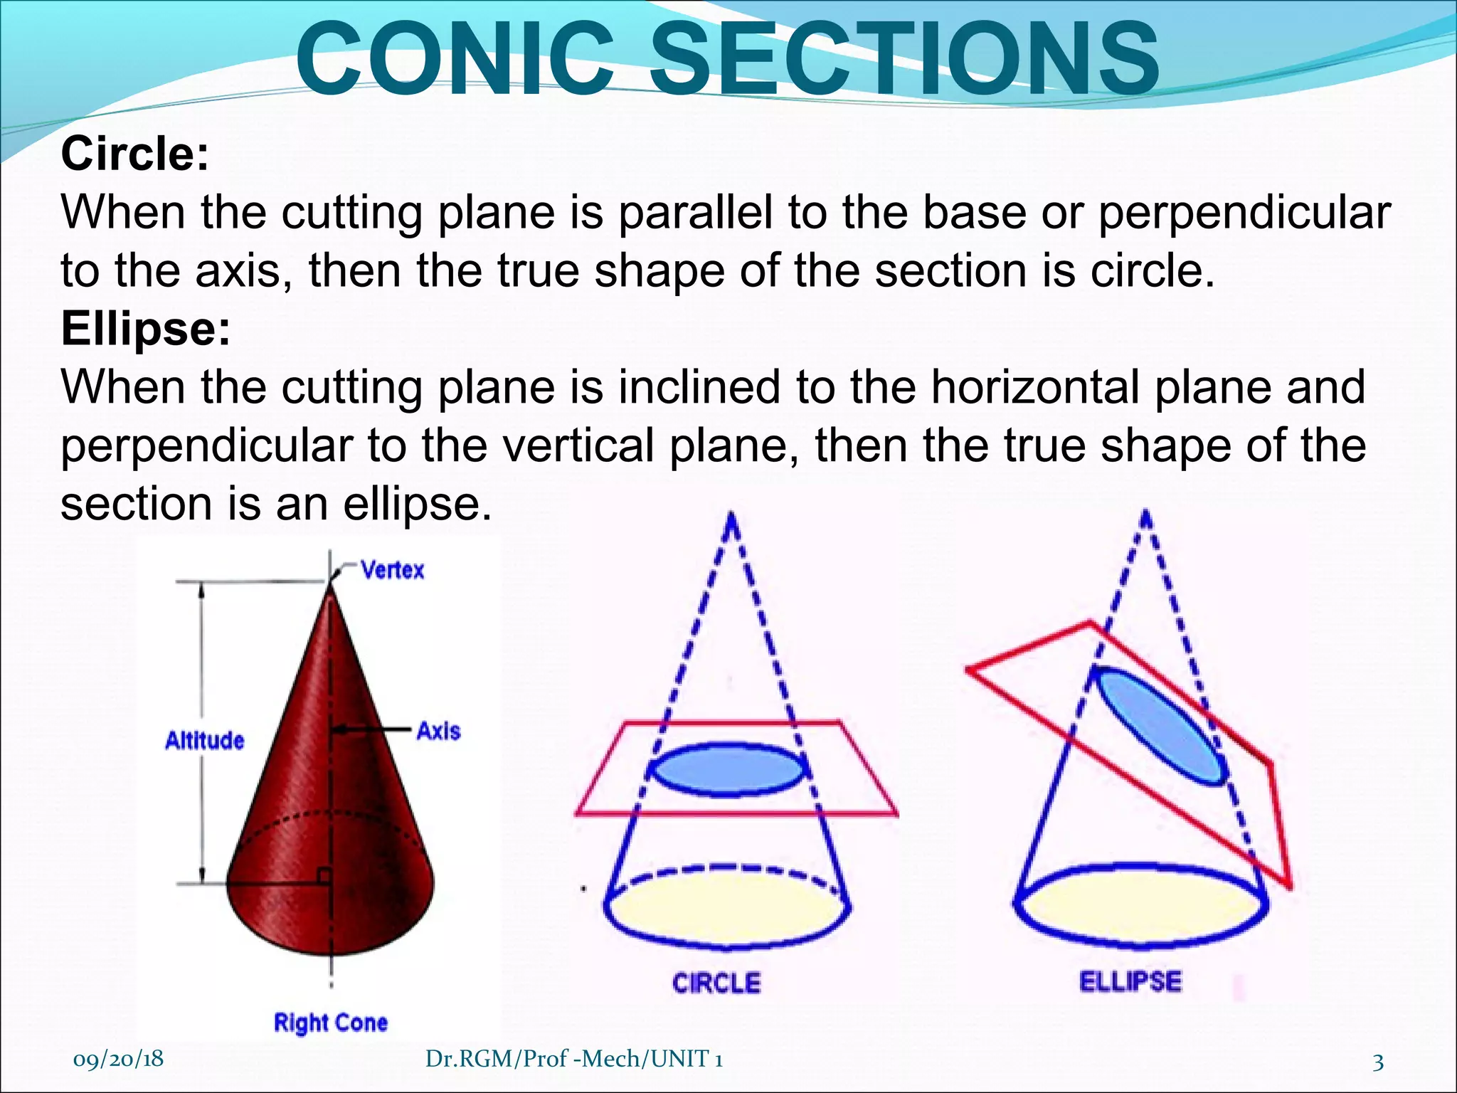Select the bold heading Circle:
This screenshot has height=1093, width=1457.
(135, 154)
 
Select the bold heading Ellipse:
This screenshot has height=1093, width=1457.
(146, 329)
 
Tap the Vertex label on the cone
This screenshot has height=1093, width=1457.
(392, 570)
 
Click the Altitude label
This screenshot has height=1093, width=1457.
(204, 741)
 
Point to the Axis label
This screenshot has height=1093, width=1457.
(438, 731)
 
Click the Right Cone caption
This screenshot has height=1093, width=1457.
(331, 1023)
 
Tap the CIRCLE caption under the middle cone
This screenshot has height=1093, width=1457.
(716, 983)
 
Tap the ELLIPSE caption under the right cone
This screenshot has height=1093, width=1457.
(1130, 982)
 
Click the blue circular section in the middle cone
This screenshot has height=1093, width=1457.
(730, 769)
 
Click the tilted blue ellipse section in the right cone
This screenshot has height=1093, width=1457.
(1160, 726)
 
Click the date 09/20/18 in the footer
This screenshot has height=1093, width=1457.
(118, 1058)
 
